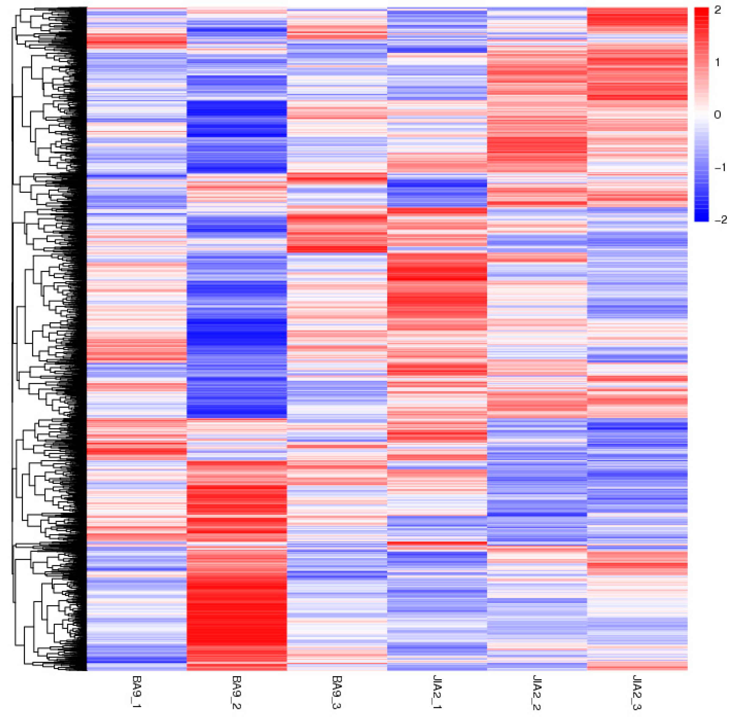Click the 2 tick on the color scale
(717, 11)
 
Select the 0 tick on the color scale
(717, 115)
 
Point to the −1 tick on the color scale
(719, 167)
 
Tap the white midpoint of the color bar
(701, 113)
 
